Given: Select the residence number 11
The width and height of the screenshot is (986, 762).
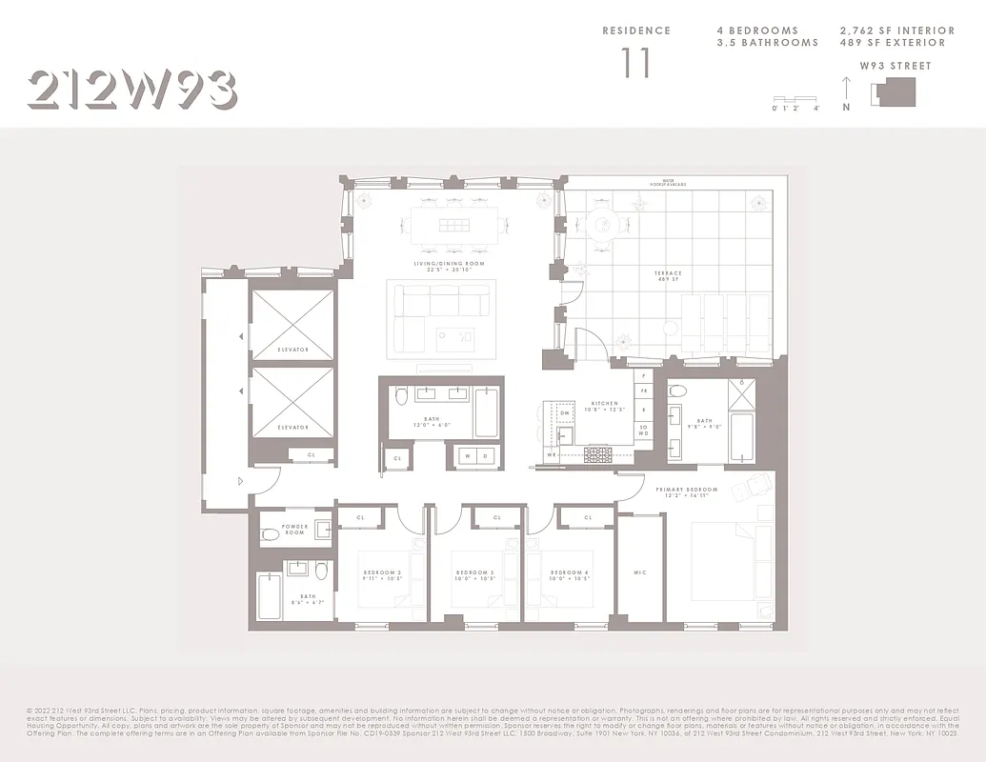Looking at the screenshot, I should (x=636, y=63).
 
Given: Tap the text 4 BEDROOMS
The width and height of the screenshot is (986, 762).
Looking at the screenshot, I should (x=757, y=30).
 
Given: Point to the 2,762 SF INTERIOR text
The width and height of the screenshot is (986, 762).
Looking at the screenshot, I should (x=892, y=30).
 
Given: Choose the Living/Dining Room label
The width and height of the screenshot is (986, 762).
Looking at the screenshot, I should (x=448, y=266).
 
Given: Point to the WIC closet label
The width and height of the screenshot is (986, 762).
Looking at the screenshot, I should (x=639, y=572).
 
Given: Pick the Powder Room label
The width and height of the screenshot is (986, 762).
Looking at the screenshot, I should (x=294, y=530).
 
